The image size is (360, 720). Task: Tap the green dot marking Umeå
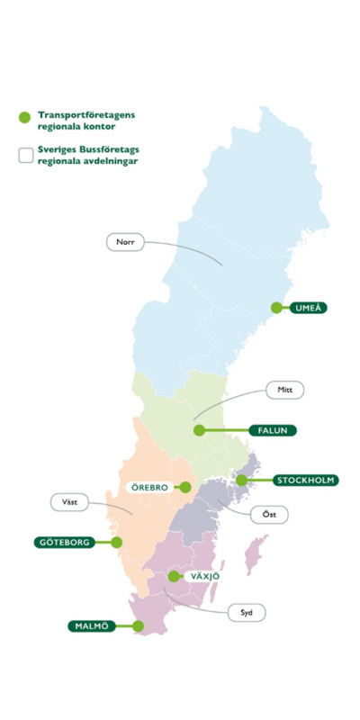point(278,308)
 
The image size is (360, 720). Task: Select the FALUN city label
point(272,430)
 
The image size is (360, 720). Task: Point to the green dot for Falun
point(200,430)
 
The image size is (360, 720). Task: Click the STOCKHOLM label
point(305,480)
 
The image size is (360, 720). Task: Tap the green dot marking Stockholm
point(241,480)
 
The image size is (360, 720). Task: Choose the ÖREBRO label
point(145,487)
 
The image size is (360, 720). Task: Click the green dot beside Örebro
point(184,487)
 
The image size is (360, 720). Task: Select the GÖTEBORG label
point(64,543)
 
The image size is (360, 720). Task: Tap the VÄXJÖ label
point(205,576)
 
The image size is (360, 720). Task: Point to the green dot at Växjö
point(174,576)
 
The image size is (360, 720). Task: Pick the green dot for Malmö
point(139,625)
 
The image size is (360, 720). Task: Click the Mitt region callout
point(286,390)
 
